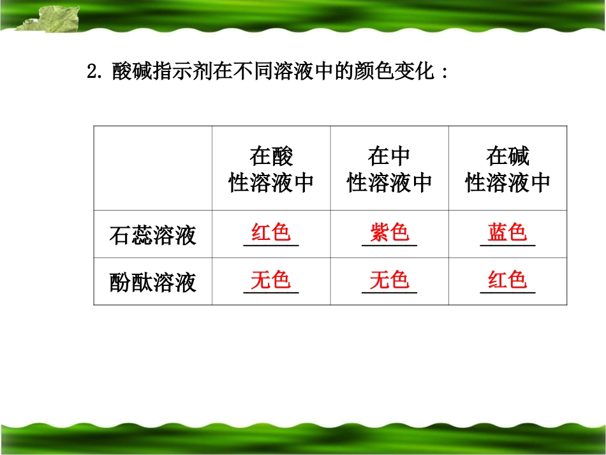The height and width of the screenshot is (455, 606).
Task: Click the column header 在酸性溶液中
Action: tap(271, 170)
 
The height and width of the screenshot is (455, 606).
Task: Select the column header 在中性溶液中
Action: tap(389, 170)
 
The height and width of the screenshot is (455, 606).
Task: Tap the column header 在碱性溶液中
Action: tap(507, 170)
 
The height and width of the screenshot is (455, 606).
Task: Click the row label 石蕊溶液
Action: tap(153, 235)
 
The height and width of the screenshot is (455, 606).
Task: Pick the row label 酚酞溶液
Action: tap(153, 282)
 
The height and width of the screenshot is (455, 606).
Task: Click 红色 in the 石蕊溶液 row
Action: tap(271, 232)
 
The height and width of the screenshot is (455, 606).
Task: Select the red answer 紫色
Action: tap(389, 232)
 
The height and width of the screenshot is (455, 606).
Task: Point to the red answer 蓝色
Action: tap(507, 232)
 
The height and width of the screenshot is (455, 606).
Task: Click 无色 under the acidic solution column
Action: tap(271, 280)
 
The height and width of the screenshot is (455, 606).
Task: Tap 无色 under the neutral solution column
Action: tap(389, 280)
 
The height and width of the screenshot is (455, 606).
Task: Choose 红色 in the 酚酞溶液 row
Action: tap(507, 280)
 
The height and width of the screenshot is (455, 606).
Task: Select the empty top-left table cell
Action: tap(153, 168)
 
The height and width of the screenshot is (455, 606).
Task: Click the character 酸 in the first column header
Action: tap(282, 156)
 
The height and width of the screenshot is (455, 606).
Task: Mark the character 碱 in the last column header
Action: tap(518, 156)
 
